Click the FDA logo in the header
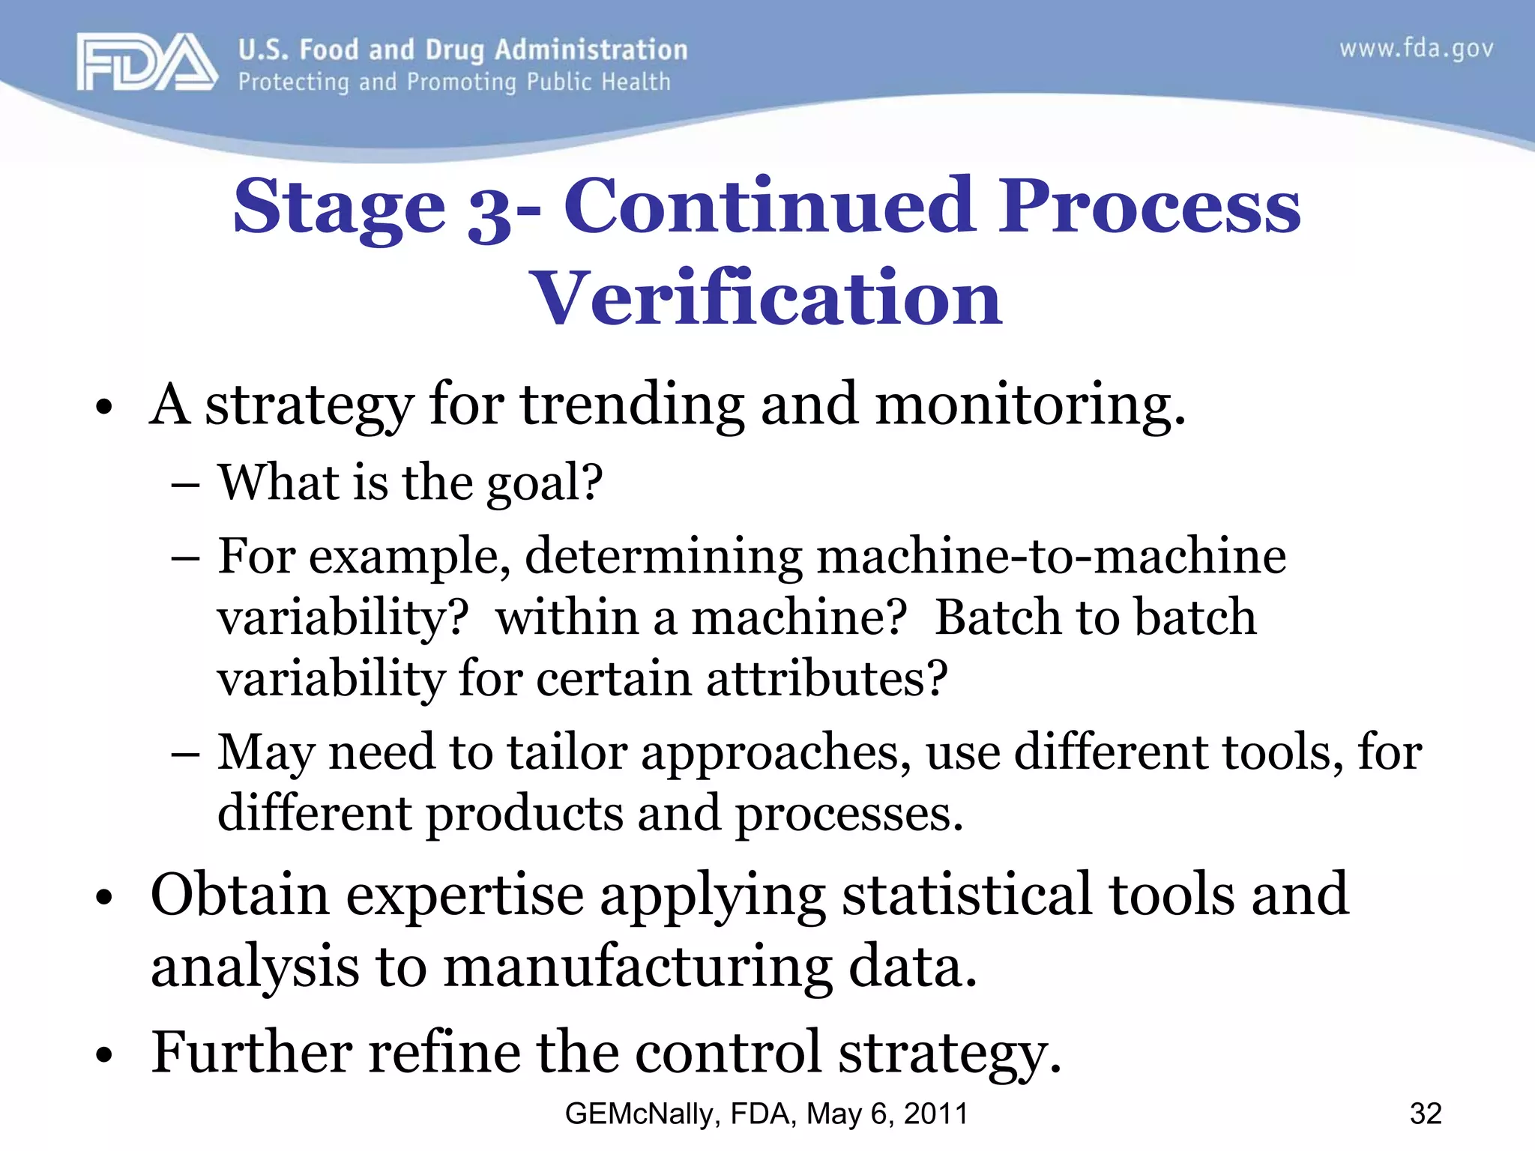pyautogui.click(x=146, y=63)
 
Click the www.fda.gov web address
pyautogui.click(x=1416, y=49)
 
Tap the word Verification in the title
pyautogui.click(x=765, y=298)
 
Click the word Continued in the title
pyautogui.click(x=769, y=206)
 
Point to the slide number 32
pyautogui.click(x=1425, y=1114)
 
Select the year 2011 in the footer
pyautogui.click(x=936, y=1114)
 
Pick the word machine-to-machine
pyautogui.click(x=1051, y=557)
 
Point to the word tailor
pyautogui.click(x=567, y=752)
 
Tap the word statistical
pyautogui.click(x=967, y=895)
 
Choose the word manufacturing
pyautogui.click(x=637, y=967)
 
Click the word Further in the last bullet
pyautogui.click(x=251, y=1052)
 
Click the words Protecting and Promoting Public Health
pyautogui.click(x=454, y=82)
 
